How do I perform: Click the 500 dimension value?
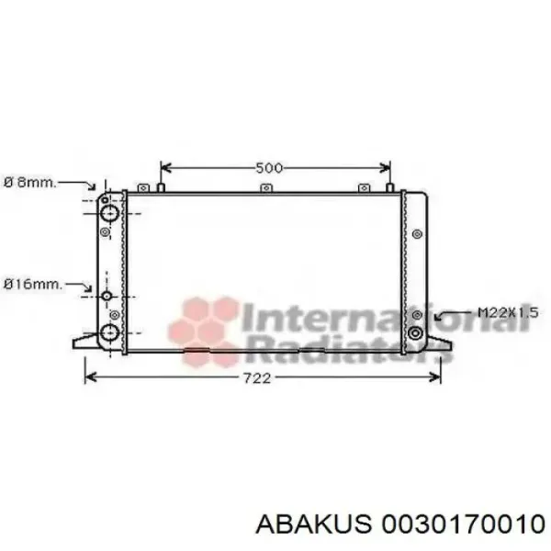pyautogui.click(x=269, y=168)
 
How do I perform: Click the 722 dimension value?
pyautogui.click(x=257, y=378)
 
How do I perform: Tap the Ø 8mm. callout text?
pyautogui.click(x=30, y=183)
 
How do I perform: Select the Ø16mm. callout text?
pyautogui.click(x=33, y=285)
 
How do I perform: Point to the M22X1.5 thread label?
pyautogui.click(x=508, y=312)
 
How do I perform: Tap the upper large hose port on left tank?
pyautogui.click(x=109, y=213)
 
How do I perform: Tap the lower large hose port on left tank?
pyautogui.click(x=108, y=332)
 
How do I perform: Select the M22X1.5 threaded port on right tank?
pyautogui.click(x=415, y=332)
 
